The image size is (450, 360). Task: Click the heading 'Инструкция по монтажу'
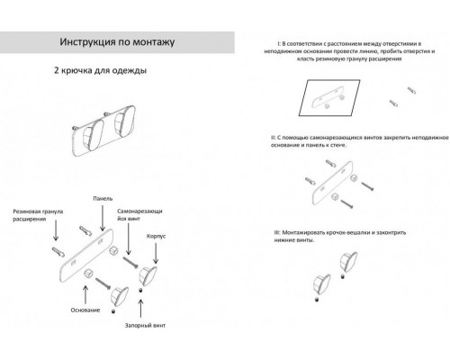tap(119, 41)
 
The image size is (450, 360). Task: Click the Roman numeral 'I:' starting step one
tap(281, 43)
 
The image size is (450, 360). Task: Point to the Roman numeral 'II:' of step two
tap(274, 137)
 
